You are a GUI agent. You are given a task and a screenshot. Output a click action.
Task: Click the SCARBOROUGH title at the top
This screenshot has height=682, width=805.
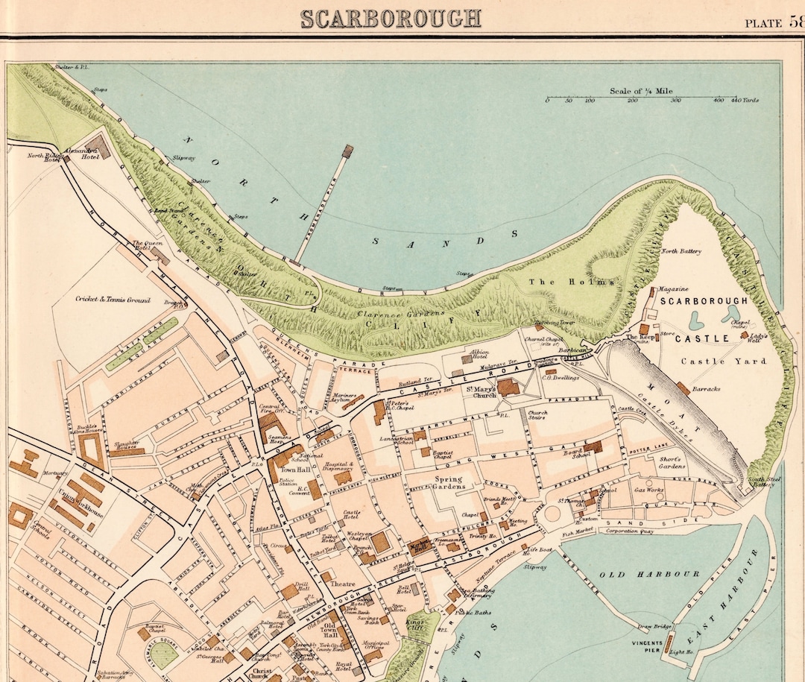coord(391,17)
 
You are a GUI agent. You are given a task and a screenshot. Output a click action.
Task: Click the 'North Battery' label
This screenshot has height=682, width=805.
coord(681,251)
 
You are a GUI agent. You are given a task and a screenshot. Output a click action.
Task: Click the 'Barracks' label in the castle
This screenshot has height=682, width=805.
coord(705,388)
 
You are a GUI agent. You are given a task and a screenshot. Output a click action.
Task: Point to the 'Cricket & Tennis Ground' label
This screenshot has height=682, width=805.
coord(113,300)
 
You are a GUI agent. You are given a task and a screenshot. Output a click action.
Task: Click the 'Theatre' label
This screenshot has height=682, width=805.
coord(342,584)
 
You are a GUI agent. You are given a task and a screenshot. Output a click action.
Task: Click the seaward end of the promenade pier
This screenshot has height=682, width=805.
coord(347,150)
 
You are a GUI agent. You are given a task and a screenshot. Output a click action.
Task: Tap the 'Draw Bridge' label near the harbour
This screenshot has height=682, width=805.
coord(648,625)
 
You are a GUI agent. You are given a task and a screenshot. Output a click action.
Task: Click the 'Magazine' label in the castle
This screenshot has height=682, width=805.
coord(672,289)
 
